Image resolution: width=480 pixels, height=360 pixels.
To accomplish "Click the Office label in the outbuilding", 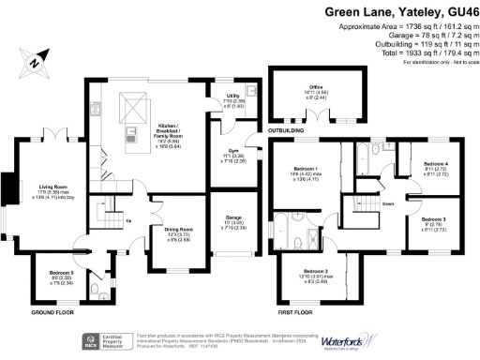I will pos(316,86).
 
